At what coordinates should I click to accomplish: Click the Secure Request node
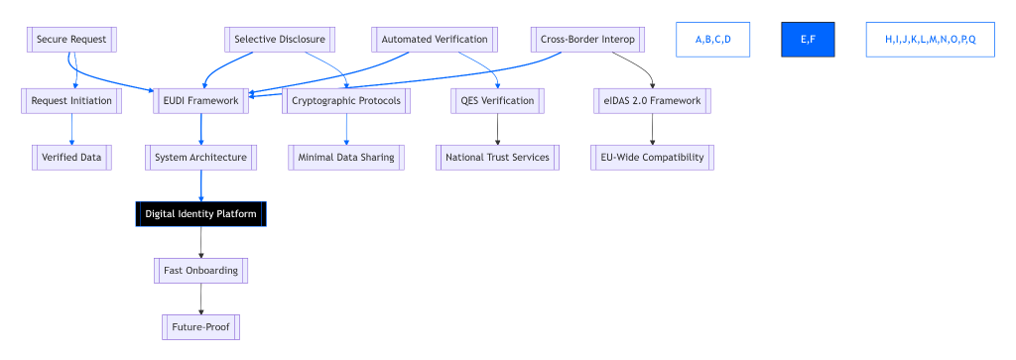point(71,40)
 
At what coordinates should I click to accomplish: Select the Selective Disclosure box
point(279,40)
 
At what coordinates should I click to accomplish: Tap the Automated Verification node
point(435,40)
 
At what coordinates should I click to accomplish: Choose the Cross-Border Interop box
point(587,40)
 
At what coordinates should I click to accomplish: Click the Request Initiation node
point(71,100)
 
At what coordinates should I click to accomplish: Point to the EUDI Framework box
point(201,100)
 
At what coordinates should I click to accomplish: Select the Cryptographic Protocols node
point(346,100)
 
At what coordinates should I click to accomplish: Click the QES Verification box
point(497,100)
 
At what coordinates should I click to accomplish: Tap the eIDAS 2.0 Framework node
point(652,100)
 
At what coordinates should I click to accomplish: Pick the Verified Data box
point(71,157)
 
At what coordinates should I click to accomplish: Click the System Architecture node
point(201,157)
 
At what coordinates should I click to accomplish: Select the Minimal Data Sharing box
point(346,157)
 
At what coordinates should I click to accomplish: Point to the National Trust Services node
point(497,157)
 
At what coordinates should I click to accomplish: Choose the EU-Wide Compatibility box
point(652,157)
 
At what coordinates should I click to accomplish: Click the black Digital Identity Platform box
point(201,213)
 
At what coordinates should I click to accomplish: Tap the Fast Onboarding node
point(201,270)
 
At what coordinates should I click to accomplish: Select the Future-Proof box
point(201,326)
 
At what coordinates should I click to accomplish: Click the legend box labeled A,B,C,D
point(712,40)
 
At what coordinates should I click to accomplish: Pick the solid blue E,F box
point(808,40)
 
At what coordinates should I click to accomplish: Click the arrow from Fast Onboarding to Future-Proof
point(201,298)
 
